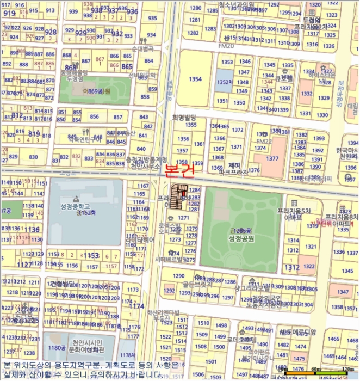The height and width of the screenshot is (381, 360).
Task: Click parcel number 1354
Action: (x=195, y=79)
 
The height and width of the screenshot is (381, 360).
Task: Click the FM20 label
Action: (x=226, y=46)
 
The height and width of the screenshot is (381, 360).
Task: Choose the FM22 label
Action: (x=264, y=142)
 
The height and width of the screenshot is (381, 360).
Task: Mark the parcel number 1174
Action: (x=136, y=306)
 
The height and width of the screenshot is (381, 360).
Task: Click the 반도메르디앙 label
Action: (x=299, y=332)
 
